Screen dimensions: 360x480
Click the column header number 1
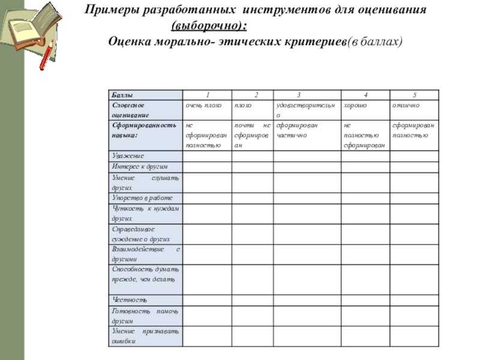pyautogui.click(x=208, y=95)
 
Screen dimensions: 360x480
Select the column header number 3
pyautogui.click(x=299, y=95)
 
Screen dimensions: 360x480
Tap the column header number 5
pyautogui.click(x=415, y=95)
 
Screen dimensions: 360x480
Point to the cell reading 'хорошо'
pyautogui.click(x=355, y=105)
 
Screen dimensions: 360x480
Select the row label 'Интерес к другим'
pyautogui.click(x=140, y=166)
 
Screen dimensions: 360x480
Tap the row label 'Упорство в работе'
pyautogui.click(x=142, y=197)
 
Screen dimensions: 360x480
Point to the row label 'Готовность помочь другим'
pyautogui.click(x=145, y=316)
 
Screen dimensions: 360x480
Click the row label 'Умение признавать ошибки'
pyautogui.click(x=145, y=336)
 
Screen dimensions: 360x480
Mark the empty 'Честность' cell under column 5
pyautogui.click(x=415, y=299)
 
